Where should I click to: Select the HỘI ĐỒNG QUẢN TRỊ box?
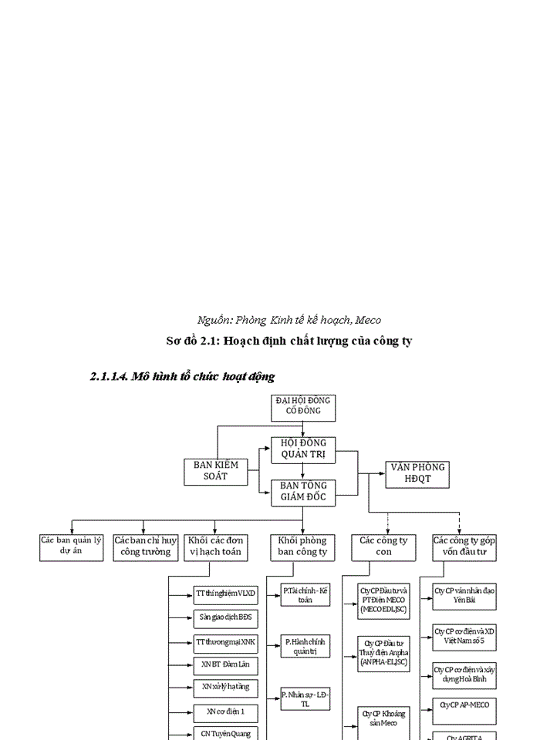point(303,449)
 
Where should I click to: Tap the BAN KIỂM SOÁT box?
point(215,471)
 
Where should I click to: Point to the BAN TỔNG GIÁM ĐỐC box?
point(303,492)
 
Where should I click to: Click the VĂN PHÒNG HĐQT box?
point(417,473)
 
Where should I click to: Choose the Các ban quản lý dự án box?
point(71,546)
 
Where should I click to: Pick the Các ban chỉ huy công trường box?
point(144,547)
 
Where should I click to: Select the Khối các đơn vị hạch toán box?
point(215,547)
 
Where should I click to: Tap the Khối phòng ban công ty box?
point(302,547)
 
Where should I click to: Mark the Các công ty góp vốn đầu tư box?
point(464,547)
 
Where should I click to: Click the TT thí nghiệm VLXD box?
point(225,593)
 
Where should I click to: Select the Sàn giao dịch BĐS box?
point(225,617)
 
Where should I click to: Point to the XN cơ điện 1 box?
point(225,711)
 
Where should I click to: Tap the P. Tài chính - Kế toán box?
point(305,595)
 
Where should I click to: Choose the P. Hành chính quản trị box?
point(305,646)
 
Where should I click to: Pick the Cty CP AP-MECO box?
point(464,705)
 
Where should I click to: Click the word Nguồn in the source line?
point(214,320)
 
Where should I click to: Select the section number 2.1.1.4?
point(109,377)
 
